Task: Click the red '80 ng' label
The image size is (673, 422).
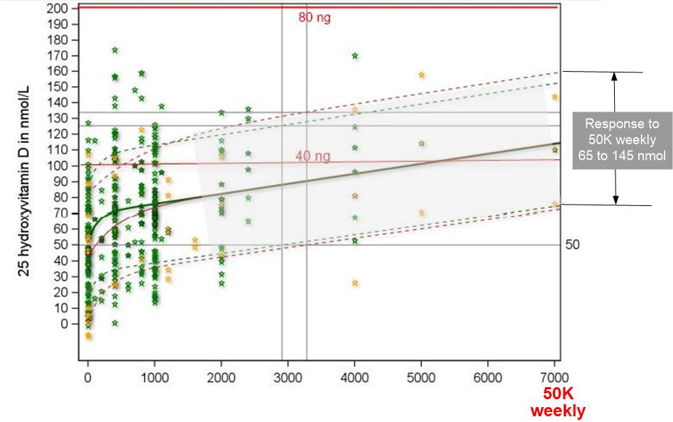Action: pos(314,17)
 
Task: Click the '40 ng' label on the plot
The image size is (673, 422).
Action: pos(312,156)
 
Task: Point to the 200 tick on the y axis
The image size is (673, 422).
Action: pos(58,9)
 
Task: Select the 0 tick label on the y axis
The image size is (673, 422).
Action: pos(64,324)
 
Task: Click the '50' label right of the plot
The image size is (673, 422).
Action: pos(572,245)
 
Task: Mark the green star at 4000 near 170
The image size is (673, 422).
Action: pos(355,56)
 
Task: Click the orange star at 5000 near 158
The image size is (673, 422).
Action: pos(422,75)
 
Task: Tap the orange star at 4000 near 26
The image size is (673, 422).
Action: pos(355,283)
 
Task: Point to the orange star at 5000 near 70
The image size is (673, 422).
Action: pos(422,212)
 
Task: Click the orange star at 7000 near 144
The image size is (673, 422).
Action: pos(555,97)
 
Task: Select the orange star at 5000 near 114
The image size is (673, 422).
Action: pos(422,144)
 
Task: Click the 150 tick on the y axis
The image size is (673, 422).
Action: pos(58,87)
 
